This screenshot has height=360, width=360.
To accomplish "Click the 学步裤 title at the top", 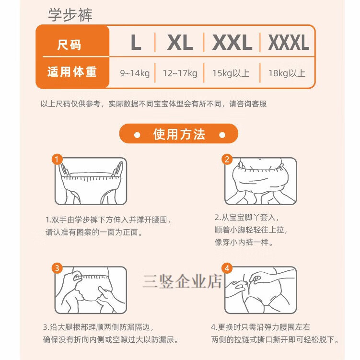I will point(70,14).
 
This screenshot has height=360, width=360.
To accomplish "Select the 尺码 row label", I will point(69,46).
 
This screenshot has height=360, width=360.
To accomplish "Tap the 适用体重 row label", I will point(72,72).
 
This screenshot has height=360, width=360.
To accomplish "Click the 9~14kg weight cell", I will point(135,73).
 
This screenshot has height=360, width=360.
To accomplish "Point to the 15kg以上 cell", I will point(232,73).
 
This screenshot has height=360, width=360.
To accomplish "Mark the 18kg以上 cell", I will point(288,73).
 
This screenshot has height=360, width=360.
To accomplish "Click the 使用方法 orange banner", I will point(179,134).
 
